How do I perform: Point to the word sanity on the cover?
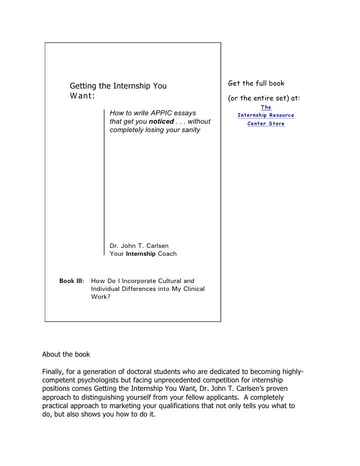[189, 130]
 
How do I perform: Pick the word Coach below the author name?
[167, 254]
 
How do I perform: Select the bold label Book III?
[72, 281]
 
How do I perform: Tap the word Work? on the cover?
[101, 297]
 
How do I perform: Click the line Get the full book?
[256, 83]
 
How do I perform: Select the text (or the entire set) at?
[264, 98]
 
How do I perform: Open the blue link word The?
[266, 107]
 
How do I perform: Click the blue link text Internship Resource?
[266, 115]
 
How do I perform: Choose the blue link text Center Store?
[266, 124]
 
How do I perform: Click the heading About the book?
[66, 355]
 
